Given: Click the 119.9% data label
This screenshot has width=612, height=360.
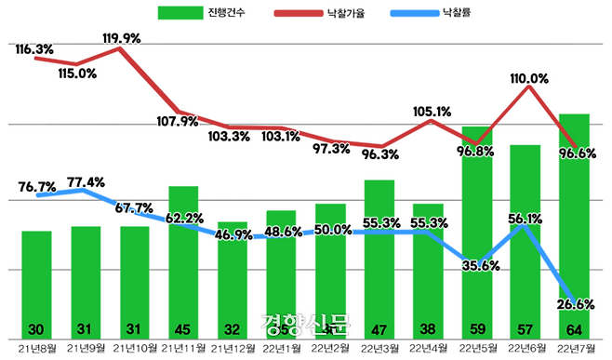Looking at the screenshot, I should (120, 38).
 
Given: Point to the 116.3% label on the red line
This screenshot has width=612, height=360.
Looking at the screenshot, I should (34, 48).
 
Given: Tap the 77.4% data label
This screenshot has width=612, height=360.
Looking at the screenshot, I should (86, 181).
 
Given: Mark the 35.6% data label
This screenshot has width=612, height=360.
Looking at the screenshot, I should (480, 266).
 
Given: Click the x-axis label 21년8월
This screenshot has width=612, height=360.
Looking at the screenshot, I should (36, 349).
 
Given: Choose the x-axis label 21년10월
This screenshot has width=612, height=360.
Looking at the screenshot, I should (134, 349).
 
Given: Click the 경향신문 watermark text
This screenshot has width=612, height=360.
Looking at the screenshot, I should (306, 325).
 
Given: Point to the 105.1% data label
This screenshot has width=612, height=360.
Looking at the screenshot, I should (431, 112).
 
